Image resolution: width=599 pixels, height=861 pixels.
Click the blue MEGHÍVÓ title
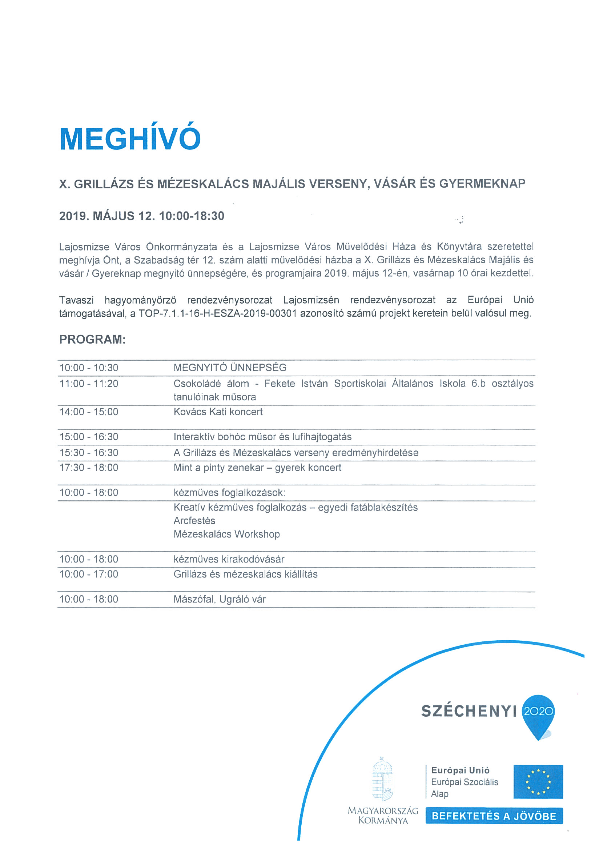[x=130, y=139]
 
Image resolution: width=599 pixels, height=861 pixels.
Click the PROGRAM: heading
[x=92, y=339]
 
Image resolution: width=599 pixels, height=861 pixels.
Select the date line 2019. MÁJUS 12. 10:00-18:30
[x=141, y=216]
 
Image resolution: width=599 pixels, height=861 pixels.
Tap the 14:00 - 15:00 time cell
[x=88, y=412]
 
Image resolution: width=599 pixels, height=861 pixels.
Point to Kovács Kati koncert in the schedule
[x=218, y=412]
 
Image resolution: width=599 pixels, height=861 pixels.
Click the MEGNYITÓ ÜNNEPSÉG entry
[x=230, y=368]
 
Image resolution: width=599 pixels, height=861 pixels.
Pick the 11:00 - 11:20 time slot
[x=88, y=384]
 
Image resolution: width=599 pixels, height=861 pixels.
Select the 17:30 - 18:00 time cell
[x=88, y=468]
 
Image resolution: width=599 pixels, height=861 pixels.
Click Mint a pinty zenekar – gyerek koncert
[x=257, y=468]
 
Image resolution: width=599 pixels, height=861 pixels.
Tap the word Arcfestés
[x=194, y=521]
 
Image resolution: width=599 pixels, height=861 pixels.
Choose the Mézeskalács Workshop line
[x=226, y=534]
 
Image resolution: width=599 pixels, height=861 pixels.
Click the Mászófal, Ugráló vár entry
[x=219, y=599]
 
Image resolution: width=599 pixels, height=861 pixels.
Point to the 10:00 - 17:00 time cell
[x=88, y=574]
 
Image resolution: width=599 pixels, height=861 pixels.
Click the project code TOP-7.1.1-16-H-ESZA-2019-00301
[x=218, y=313]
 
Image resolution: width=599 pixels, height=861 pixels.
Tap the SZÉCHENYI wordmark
[x=469, y=711]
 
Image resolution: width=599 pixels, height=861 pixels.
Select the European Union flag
[x=538, y=782]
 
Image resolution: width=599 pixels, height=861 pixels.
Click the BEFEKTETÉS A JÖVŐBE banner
[x=494, y=816]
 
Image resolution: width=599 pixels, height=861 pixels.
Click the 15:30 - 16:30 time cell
[x=88, y=453]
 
